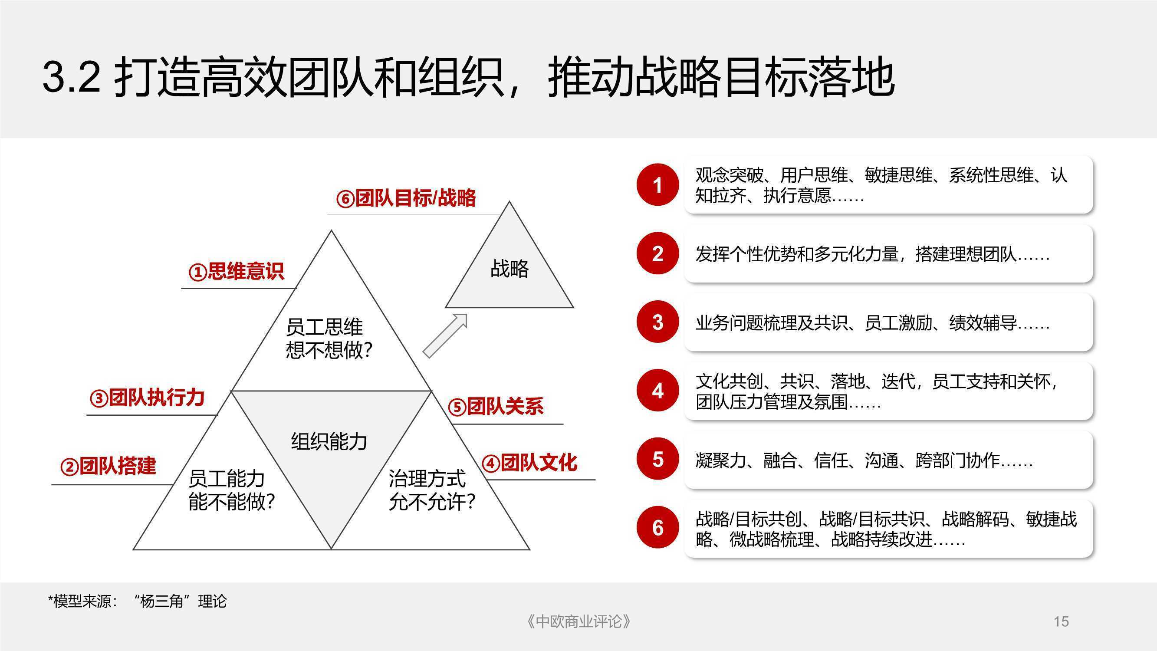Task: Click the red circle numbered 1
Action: (657, 184)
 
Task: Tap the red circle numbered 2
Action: (657, 253)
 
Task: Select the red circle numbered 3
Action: (657, 322)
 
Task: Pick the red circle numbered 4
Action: (657, 391)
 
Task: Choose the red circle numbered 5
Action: (657, 459)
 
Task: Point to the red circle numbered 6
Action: (657, 527)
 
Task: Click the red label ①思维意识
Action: (236, 271)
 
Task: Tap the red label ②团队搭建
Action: (108, 466)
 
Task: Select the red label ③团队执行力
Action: (147, 398)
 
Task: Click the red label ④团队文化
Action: (529, 463)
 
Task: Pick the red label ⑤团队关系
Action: (496, 407)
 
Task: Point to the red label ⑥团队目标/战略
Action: (406, 198)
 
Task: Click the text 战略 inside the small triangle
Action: (509, 269)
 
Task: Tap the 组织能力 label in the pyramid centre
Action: (329, 441)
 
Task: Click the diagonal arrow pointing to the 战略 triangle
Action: (445, 336)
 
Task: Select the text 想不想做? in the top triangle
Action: (329, 350)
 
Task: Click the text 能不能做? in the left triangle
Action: (232, 501)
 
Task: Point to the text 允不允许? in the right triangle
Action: (432, 501)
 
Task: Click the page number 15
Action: (1062, 622)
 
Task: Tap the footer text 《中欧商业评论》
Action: (578, 622)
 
